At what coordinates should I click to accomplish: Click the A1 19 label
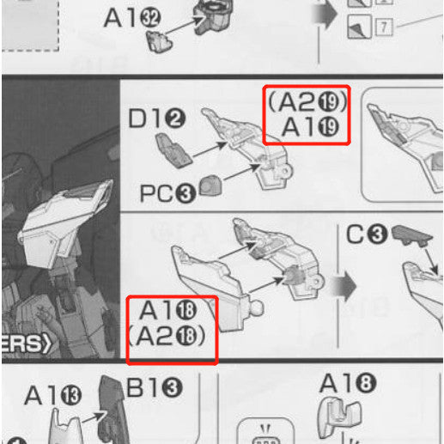314,130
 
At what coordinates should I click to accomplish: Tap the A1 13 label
54,396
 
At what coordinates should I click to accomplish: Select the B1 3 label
155,389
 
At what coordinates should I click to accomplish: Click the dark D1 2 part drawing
173,155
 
